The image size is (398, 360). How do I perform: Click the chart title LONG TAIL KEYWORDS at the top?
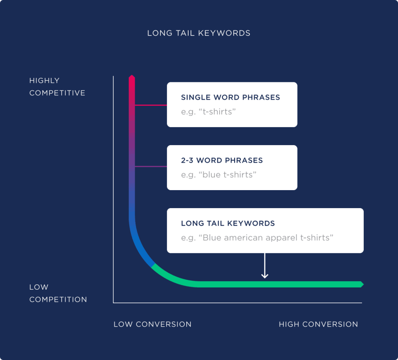coord(199,33)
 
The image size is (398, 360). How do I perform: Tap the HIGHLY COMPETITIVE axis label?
coord(57,87)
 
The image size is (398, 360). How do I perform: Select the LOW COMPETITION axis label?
coord(58,293)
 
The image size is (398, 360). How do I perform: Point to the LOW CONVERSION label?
coord(152,324)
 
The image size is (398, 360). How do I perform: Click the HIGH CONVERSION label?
coord(318,324)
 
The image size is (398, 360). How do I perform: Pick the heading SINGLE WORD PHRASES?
coord(230,97)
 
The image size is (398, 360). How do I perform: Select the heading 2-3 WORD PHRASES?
coord(222,160)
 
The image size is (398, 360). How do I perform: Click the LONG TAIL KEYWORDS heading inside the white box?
coord(227,223)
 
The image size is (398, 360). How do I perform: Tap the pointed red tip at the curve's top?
coord(131,78)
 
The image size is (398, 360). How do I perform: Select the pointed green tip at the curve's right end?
coord(361,284)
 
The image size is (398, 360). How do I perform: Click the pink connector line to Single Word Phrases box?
coord(151,105)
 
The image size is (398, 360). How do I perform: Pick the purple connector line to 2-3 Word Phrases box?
coord(151,167)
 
